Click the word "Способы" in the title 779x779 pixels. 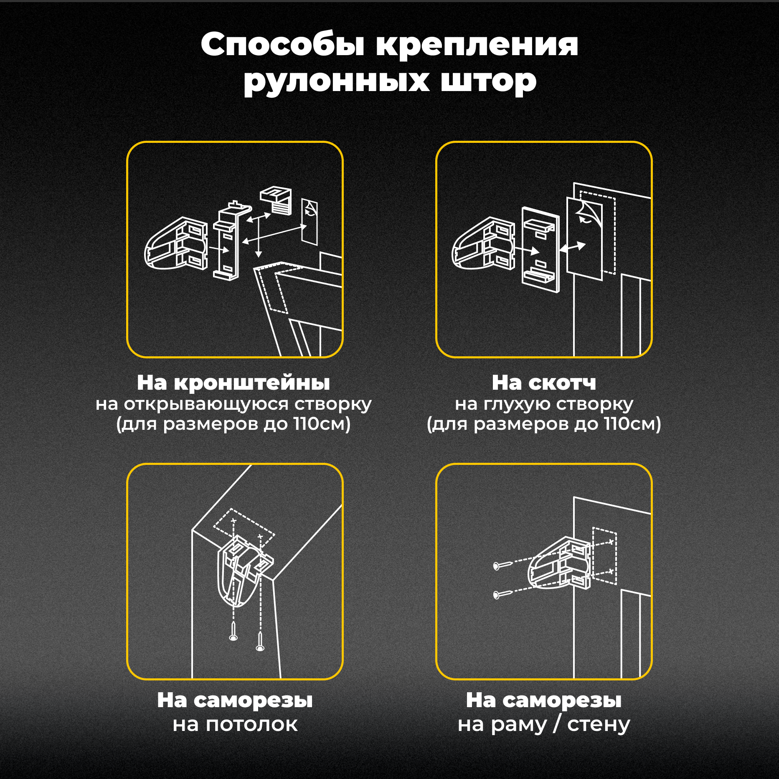(283, 45)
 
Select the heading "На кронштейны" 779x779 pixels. (233, 383)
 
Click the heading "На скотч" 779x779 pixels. (544, 383)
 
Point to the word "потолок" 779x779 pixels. (252, 724)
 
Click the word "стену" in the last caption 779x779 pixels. (598, 724)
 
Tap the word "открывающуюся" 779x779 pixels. (206, 404)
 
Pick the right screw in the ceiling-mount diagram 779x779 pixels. (260, 642)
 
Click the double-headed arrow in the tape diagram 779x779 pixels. (573, 247)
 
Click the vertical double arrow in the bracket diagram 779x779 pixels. (259, 236)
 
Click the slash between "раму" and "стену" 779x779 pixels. (556, 724)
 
